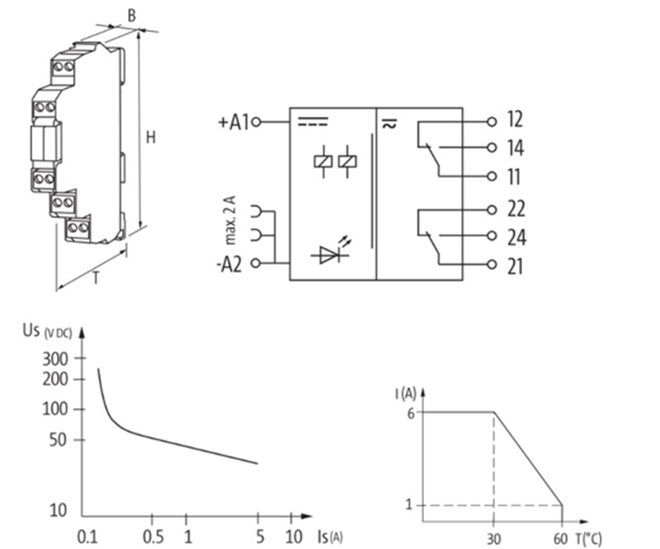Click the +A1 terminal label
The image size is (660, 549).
[x=233, y=123]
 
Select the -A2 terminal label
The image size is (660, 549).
[x=229, y=265]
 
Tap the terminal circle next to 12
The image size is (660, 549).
[x=491, y=122]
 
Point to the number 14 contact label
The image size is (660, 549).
[x=516, y=148]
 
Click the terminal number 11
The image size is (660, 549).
[x=514, y=176]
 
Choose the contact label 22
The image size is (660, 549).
[x=516, y=209]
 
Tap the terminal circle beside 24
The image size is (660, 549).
[x=491, y=236]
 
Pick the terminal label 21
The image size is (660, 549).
[x=515, y=267]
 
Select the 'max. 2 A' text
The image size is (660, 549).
[x=230, y=220]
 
